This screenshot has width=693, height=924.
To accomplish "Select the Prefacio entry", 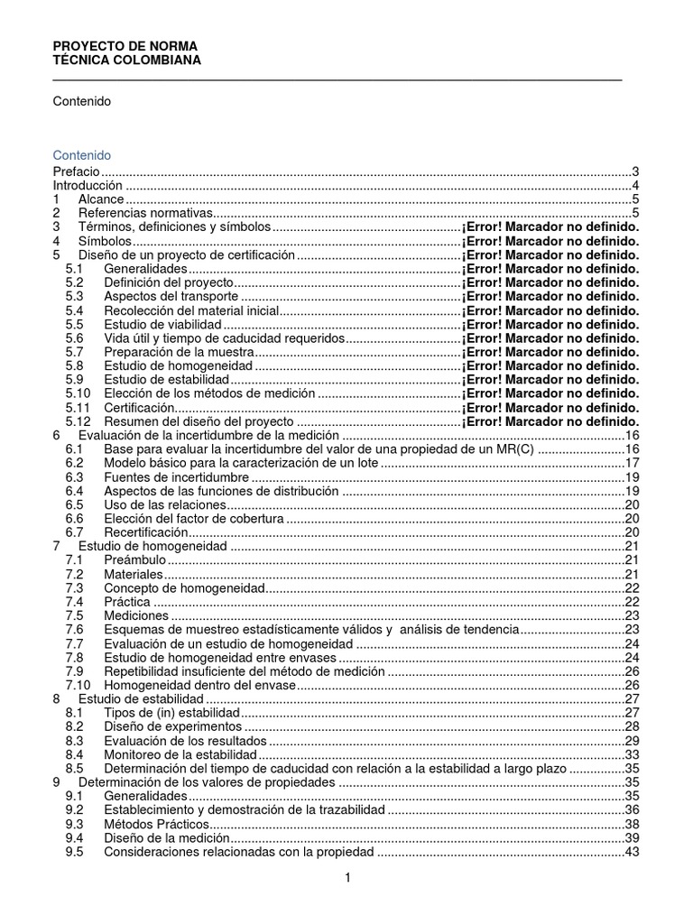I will [x=76, y=171].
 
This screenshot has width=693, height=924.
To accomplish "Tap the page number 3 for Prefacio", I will [x=635, y=171].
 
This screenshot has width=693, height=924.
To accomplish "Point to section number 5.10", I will [x=79, y=393].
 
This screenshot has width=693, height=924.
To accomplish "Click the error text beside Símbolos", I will [x=550, y=242].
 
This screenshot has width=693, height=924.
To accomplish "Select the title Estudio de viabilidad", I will [x=162, y=324].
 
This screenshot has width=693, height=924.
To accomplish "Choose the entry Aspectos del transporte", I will [x=171, y=296].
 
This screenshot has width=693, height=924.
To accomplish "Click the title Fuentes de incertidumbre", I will [x=176, y=476].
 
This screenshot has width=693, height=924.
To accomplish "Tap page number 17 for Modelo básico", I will [x=632, y=463].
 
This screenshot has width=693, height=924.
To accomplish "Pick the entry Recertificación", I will [x=147, y=532].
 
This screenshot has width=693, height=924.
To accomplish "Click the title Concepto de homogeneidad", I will [x=184, y=587].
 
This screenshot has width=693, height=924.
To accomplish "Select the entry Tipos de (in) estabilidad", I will [x=170, y=712].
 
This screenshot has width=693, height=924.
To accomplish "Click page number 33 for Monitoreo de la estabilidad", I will [x=632, y=754].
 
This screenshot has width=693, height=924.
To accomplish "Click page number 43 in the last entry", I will [x=632, y=852].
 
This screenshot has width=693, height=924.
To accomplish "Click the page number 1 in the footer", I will [x=346, y=878].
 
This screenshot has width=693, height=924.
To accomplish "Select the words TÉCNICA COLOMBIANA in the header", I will [x=127, y=60].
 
